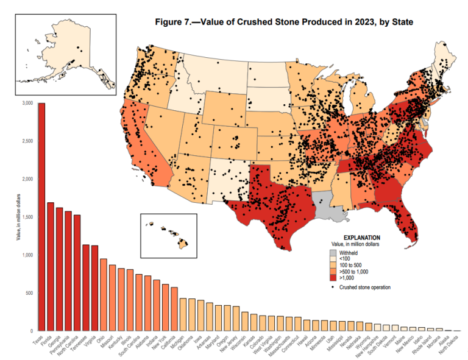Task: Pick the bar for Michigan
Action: pos(183,314)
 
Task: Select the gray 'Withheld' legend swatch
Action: pos(333,252)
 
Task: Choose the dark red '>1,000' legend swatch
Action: pos(333,278)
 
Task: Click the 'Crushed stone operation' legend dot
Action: pos(333,286)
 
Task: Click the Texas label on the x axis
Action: pos(38,342)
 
